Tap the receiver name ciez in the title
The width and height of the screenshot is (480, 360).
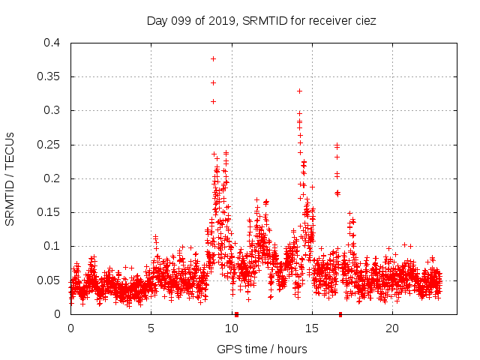[x=364, y=21]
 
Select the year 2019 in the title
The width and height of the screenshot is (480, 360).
[x=224, y=21]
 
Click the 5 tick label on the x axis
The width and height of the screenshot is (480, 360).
[x=151, y=328]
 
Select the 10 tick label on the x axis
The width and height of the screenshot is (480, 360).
[x=231, y=328]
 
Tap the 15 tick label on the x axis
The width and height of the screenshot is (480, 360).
[x=311, y=328]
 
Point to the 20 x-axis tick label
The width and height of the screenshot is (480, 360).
[x=391, y=328]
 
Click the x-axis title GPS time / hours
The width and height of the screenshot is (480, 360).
[x=262, y=349]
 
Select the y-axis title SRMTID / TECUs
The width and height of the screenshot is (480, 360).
[x=10, y=178]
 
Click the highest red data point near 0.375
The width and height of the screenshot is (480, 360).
[x=213, y=58]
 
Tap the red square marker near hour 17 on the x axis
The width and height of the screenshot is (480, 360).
[x=340, y=314]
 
